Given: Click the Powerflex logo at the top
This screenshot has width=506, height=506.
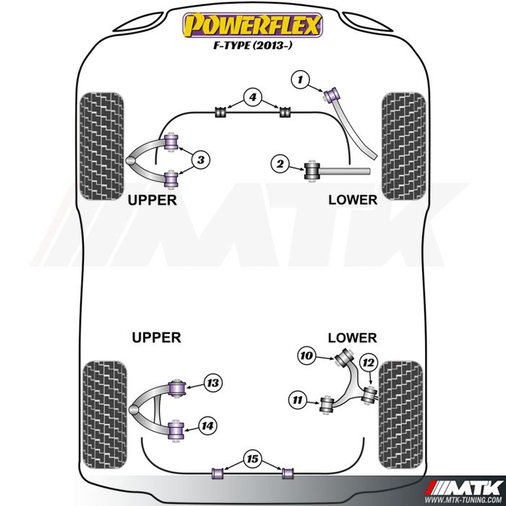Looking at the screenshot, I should tap(252, 26).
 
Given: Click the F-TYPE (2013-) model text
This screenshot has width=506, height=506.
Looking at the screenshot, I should tap(252, 49).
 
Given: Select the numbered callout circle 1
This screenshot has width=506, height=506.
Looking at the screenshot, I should tap(301, 78).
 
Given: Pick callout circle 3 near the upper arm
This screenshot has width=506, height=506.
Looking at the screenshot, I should tap(202, 159).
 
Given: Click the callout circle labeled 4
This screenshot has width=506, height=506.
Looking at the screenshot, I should tap(252, 97).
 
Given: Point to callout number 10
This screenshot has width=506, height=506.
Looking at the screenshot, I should tap(306, 355).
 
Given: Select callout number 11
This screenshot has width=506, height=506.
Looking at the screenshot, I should tap(297, 398).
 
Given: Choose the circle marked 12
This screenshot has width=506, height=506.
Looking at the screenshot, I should tap(368, 362).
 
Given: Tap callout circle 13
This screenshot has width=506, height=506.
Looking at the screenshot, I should tap(212, 383).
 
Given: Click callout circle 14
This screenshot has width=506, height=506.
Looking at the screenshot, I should tap(208, 426).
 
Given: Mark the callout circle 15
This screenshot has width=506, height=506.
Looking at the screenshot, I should tap(252, 458).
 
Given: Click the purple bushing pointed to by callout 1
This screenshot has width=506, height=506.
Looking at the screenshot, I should tap(334, 94).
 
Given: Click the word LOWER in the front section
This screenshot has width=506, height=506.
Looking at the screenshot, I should tap(353, 199).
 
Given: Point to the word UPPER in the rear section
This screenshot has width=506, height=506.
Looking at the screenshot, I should tap(156, 337).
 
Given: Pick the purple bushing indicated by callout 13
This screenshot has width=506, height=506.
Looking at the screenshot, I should tap(174, 387).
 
